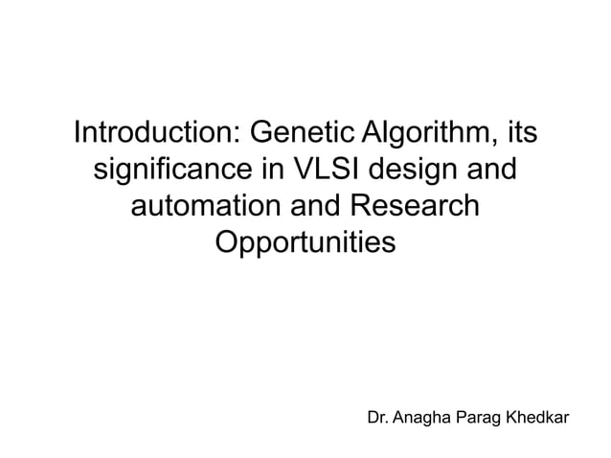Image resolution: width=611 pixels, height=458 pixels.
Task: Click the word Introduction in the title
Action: pyautogui.click(x=155, y=132)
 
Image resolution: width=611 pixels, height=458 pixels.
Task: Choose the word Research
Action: pyautogui.click(x=414, y=207)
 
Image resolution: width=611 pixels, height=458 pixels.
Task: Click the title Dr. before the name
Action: pyautogui.click(x=378, y=418)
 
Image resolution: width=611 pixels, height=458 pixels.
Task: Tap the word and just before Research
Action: pyautogui.click(x=313, y=207)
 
